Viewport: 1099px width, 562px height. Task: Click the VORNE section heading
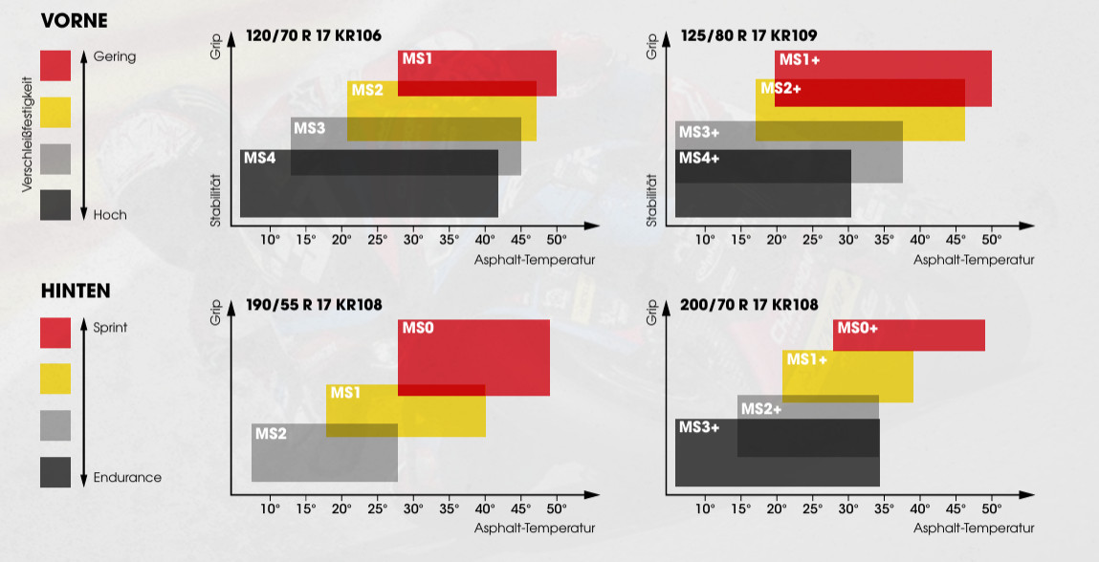coord(74,21)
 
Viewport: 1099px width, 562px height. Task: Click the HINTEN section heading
coord(76,291)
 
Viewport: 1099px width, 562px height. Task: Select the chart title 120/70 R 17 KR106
coord(314,36)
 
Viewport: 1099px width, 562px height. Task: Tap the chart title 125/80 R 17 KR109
coord(750,36)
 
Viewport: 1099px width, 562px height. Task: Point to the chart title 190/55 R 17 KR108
coord(314,306)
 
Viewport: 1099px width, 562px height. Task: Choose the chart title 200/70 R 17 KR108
coord(750,306)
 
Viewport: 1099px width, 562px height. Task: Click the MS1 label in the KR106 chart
coord(417,59)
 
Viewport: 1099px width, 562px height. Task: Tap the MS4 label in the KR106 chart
coord(259,158)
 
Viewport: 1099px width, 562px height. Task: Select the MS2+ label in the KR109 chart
coord(780,89)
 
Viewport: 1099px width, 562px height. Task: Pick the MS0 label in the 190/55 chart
coord(418,328)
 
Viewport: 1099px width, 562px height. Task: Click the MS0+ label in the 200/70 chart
coord(857,328)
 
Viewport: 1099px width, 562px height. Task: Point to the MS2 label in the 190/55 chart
coord(271,434)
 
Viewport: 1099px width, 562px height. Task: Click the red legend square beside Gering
coord(55,66)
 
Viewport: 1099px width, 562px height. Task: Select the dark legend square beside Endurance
coord(55,472)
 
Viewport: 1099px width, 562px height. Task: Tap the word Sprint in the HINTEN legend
coord(110,328)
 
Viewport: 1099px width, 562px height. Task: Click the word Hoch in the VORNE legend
coord(110,215)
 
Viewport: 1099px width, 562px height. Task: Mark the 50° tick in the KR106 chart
coord(557,239)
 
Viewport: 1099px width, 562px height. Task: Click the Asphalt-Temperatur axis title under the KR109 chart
coord(974,259)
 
